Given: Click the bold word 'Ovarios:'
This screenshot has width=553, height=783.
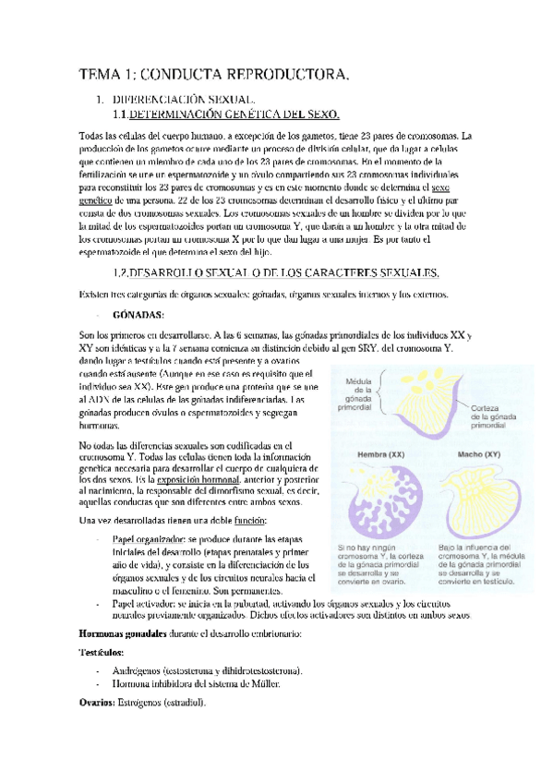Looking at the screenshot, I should click(x=99, y=702).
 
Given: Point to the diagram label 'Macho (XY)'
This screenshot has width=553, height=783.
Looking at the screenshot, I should click(x=478, y=453).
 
